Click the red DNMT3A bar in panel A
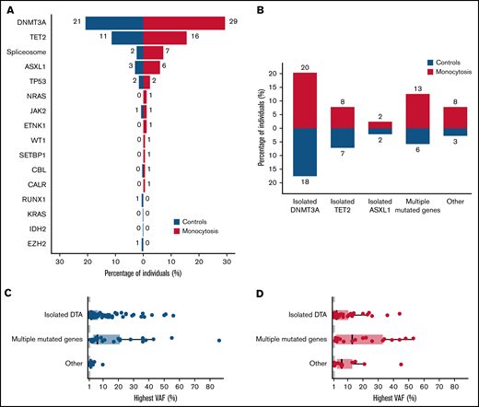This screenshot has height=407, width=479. pyautogui.click(x=184, y=23)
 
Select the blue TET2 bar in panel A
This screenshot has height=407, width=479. pyautogui.click(x=127, y=37)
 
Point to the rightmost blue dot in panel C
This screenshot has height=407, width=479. pyautogui.click(x=219, y=340)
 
